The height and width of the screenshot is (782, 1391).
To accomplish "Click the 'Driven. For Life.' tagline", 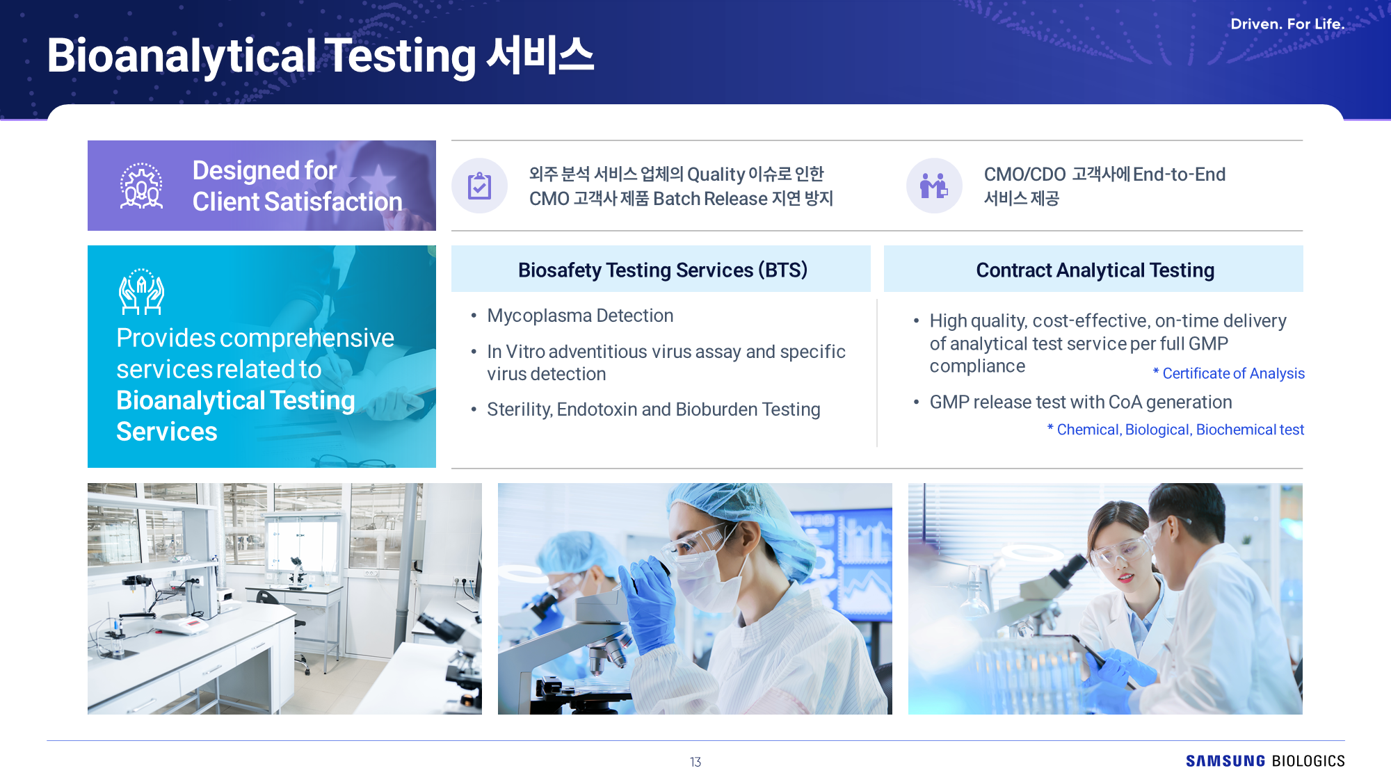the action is (x=1287, y=24).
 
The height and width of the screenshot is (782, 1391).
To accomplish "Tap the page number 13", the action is (x=695, y=762).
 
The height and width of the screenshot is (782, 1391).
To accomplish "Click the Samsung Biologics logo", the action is (x=1265, y=761).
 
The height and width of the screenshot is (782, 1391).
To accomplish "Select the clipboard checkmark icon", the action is (x=479, y=186).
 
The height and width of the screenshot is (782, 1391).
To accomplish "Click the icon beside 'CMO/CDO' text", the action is (x=934, y=186).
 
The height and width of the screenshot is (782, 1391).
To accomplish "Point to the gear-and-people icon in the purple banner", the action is (x=141, y=186).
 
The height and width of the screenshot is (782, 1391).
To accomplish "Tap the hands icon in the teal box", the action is (x=141, y=292).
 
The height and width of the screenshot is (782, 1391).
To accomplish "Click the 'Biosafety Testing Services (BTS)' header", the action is (x=662, y=270).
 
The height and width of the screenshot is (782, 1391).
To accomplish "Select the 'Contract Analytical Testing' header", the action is (x=1095, y=270).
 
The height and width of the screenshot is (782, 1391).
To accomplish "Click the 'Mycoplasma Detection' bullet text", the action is (x=580, y=316).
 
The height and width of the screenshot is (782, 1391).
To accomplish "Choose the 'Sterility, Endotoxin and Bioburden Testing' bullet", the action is (x=654, y=409).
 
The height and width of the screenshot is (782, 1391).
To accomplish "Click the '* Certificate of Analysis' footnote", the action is (x=1228, y=373).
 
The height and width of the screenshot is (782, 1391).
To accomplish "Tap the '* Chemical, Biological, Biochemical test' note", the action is (x=1175, y=430).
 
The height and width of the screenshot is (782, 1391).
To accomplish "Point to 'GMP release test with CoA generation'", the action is (x=1081, y=402).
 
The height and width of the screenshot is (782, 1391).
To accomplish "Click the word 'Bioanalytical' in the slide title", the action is (x=182, y=56).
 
